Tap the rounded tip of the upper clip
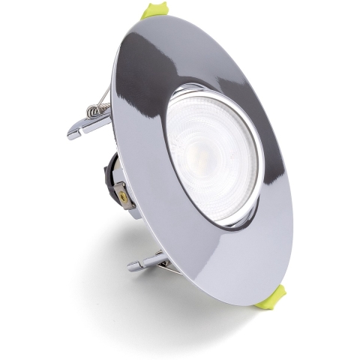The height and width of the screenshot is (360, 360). point(73,133)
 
